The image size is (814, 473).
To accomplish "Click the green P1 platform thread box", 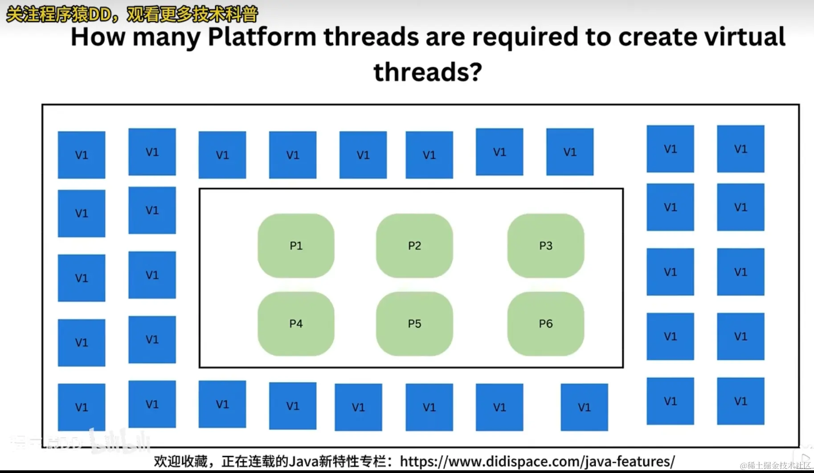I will coord(296,246).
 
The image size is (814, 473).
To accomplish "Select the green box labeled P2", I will coord(414,246).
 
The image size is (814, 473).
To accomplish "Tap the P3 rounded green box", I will coord(545,246).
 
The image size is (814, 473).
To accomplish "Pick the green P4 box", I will coord(296,324).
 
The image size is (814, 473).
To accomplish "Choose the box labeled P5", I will coord(414,324).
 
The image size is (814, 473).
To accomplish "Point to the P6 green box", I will coord(545,324).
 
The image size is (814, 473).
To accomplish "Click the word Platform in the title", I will coord(262,37).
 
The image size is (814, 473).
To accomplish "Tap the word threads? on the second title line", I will coord(428,72).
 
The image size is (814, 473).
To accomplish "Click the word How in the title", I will coord(98,37).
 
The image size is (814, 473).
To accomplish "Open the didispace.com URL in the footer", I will coord(537,461).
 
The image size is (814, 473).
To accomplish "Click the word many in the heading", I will coord(167,37).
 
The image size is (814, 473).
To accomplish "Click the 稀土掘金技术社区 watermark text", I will coord(779,466).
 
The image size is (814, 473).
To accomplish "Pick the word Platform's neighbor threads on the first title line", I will coord(372,37).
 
